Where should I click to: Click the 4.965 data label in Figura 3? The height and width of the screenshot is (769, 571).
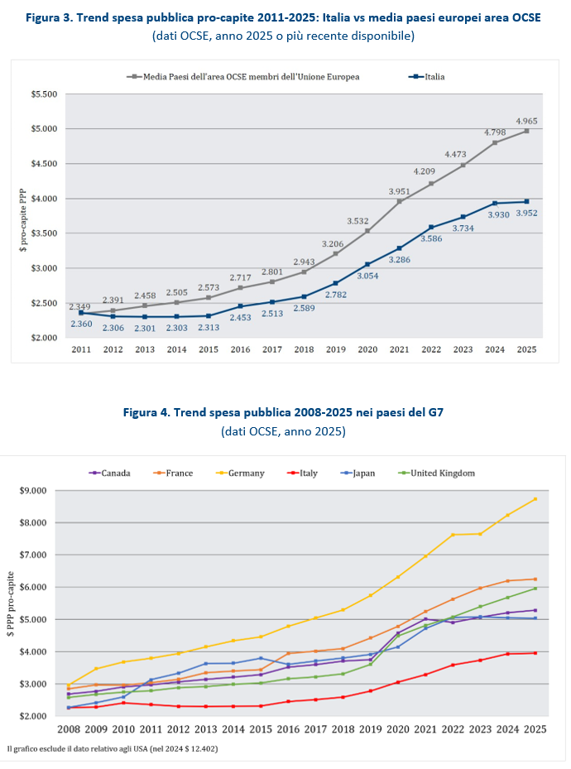(526, 121)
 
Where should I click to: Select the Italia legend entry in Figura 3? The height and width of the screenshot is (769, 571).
(426, 76)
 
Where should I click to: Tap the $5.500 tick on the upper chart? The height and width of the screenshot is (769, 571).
(44, 94)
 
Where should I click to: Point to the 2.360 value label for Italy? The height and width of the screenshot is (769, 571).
(81, 324)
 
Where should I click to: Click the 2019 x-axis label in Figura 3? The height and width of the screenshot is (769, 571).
(336, 349)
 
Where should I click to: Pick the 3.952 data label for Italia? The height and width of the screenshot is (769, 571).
(526, 214)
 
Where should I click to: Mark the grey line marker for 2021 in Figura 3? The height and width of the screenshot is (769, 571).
(400, 201)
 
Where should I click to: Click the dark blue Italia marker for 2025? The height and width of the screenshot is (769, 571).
(526, 202)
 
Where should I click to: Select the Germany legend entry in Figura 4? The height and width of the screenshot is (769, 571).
(240, 473)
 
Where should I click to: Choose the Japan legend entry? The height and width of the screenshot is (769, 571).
(357, 473)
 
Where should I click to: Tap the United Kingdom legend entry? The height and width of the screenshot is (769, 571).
(437, 473)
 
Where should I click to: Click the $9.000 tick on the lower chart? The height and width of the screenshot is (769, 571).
(33, 490)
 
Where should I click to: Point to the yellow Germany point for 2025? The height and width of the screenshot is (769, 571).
(535, 499)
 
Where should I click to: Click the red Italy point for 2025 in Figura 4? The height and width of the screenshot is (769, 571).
(535, 653)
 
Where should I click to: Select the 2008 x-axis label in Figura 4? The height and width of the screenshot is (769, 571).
(69, 729)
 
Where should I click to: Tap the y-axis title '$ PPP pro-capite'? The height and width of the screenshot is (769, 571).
(11, 603)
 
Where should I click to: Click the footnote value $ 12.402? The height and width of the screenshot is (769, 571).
(198, 749)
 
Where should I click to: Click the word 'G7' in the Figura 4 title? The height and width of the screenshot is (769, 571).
(435, 412)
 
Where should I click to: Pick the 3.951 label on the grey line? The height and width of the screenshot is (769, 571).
(400, 192)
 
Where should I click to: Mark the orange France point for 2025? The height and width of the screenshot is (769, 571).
(535, 579)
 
